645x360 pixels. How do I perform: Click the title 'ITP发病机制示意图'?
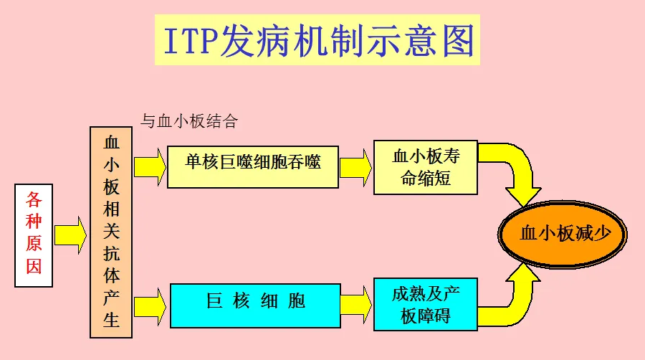coord(317,41)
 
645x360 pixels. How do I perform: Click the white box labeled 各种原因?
coord(34,235)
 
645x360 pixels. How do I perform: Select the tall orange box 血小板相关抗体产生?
coord(111,232)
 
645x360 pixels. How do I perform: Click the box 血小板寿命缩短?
coord(425,167)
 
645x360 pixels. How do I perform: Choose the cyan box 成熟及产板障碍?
coord(425,304)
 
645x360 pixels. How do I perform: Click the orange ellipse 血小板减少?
coord(563,234)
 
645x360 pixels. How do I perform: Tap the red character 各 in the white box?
coord(34,199)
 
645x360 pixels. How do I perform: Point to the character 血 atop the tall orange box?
coord(111,141)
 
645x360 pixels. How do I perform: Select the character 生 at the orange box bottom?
coord(111,320)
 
